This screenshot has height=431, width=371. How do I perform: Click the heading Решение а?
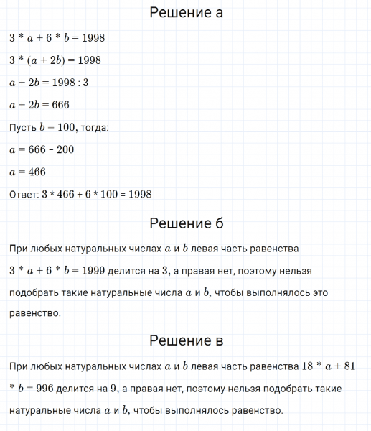pyautogui.click(x=185, y=13)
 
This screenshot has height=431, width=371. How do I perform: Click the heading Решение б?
pyautogui.click(x=185, y=223)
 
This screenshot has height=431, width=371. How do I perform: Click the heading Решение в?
pyautogui.click(x=185, y=340)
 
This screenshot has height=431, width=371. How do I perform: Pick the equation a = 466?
pyautogui.click(x=28, y=172)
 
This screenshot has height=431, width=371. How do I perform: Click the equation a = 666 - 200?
pyautogui.click(x=42, y=149)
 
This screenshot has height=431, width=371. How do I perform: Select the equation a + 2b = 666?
pyautogui.click(x=39, y=105)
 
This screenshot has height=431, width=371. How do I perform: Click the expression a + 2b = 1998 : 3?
pyautogui.click(x=49, y=83)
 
